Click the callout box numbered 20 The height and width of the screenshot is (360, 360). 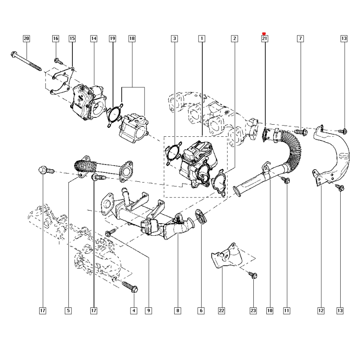[x=27, y=38]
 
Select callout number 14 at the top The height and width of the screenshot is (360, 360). [x=94, y=38]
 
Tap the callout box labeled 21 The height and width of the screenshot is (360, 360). [x=265, y=38]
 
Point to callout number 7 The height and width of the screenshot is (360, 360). [x=300, y=38]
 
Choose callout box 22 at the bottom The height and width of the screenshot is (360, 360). [x=221, y=310]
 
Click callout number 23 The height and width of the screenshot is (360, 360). [x=253, y=310]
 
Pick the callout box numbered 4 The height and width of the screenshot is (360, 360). [x=134, y=310]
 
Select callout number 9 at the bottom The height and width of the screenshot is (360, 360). [x=148, y=310]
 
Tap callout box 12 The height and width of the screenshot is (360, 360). [x=321, y=310]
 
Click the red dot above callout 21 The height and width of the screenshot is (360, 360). [x=264, y=34]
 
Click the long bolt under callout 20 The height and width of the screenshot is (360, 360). [x=26, y=61]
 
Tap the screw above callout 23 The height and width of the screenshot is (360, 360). [x=252, y=275]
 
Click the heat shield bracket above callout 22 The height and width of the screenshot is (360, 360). [x=227, y=256]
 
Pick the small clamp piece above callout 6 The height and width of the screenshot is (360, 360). [x=201, y=216]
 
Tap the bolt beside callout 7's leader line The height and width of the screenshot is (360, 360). [x=301, y=132]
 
